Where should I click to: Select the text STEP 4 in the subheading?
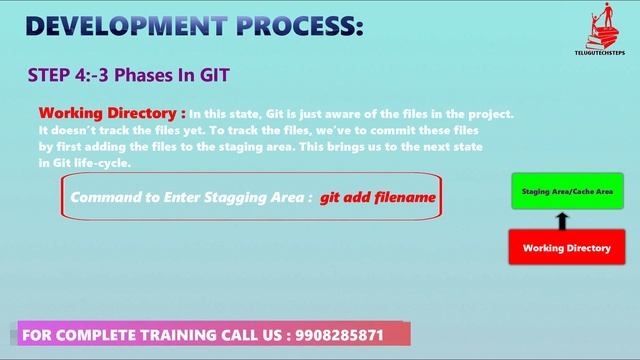58,74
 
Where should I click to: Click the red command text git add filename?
378,197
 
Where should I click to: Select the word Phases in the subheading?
155,74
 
